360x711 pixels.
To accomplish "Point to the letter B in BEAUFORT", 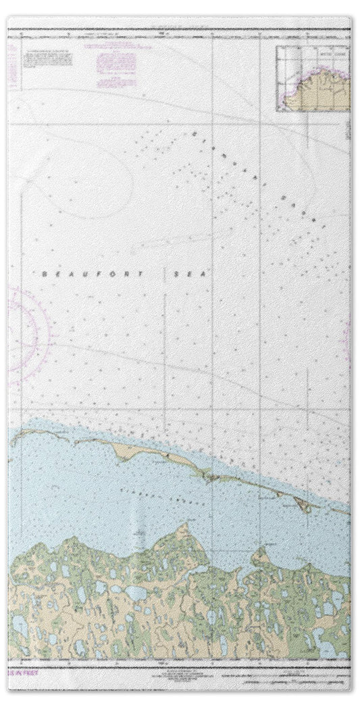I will pyautogui.click(x=45, y=274).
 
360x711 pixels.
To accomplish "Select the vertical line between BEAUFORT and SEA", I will pyautogui.click(x=165, y=274).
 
